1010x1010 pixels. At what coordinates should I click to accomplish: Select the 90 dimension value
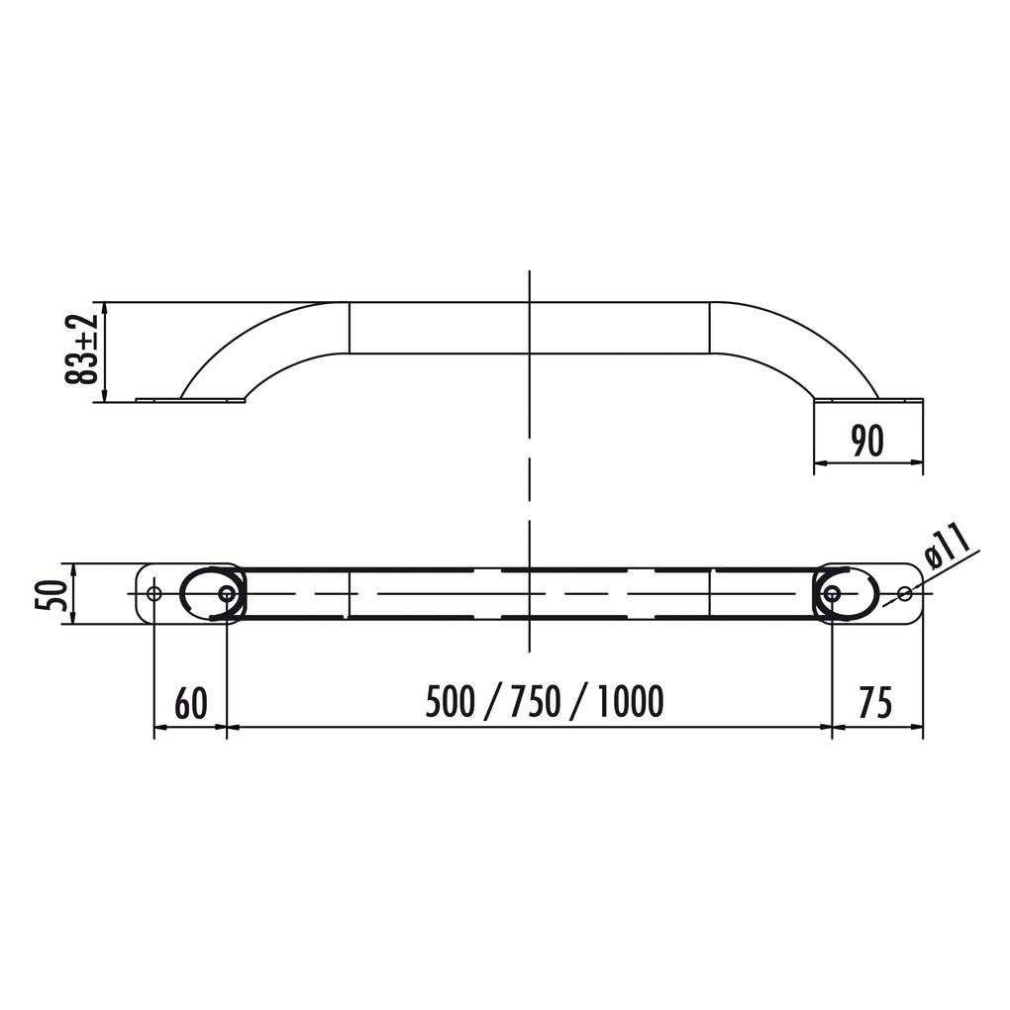pyautogui.click(x=867, y=442)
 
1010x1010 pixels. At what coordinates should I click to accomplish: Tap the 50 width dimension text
pyautogui.click(x=56, y=594)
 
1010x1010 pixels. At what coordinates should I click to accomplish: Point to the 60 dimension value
pyautogui.click(x=191, y=703)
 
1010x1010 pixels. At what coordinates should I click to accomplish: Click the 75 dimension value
pyautogui.click(x=874, y=703)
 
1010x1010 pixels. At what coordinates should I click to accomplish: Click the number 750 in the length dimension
pyautogui.click(x=536, y=703)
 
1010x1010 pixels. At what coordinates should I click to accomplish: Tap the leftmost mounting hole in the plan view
pyautogui.click(x=153, y=593)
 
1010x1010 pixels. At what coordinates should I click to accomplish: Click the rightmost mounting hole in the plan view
pyautogui.click(x=904, y=593)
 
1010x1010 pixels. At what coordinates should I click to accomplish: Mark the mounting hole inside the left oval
pyautogui.click(x=227, y=593)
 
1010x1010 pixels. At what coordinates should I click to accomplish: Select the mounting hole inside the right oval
pyautogui.click(x=832, y=593)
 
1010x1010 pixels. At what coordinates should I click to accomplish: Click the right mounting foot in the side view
pyautogui.click(x=868, y=400)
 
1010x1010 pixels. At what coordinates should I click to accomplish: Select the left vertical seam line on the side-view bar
pyautogui.click(x=350, y=328)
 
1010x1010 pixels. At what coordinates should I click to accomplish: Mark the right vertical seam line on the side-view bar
pyautogui.click(x=710, y=328)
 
